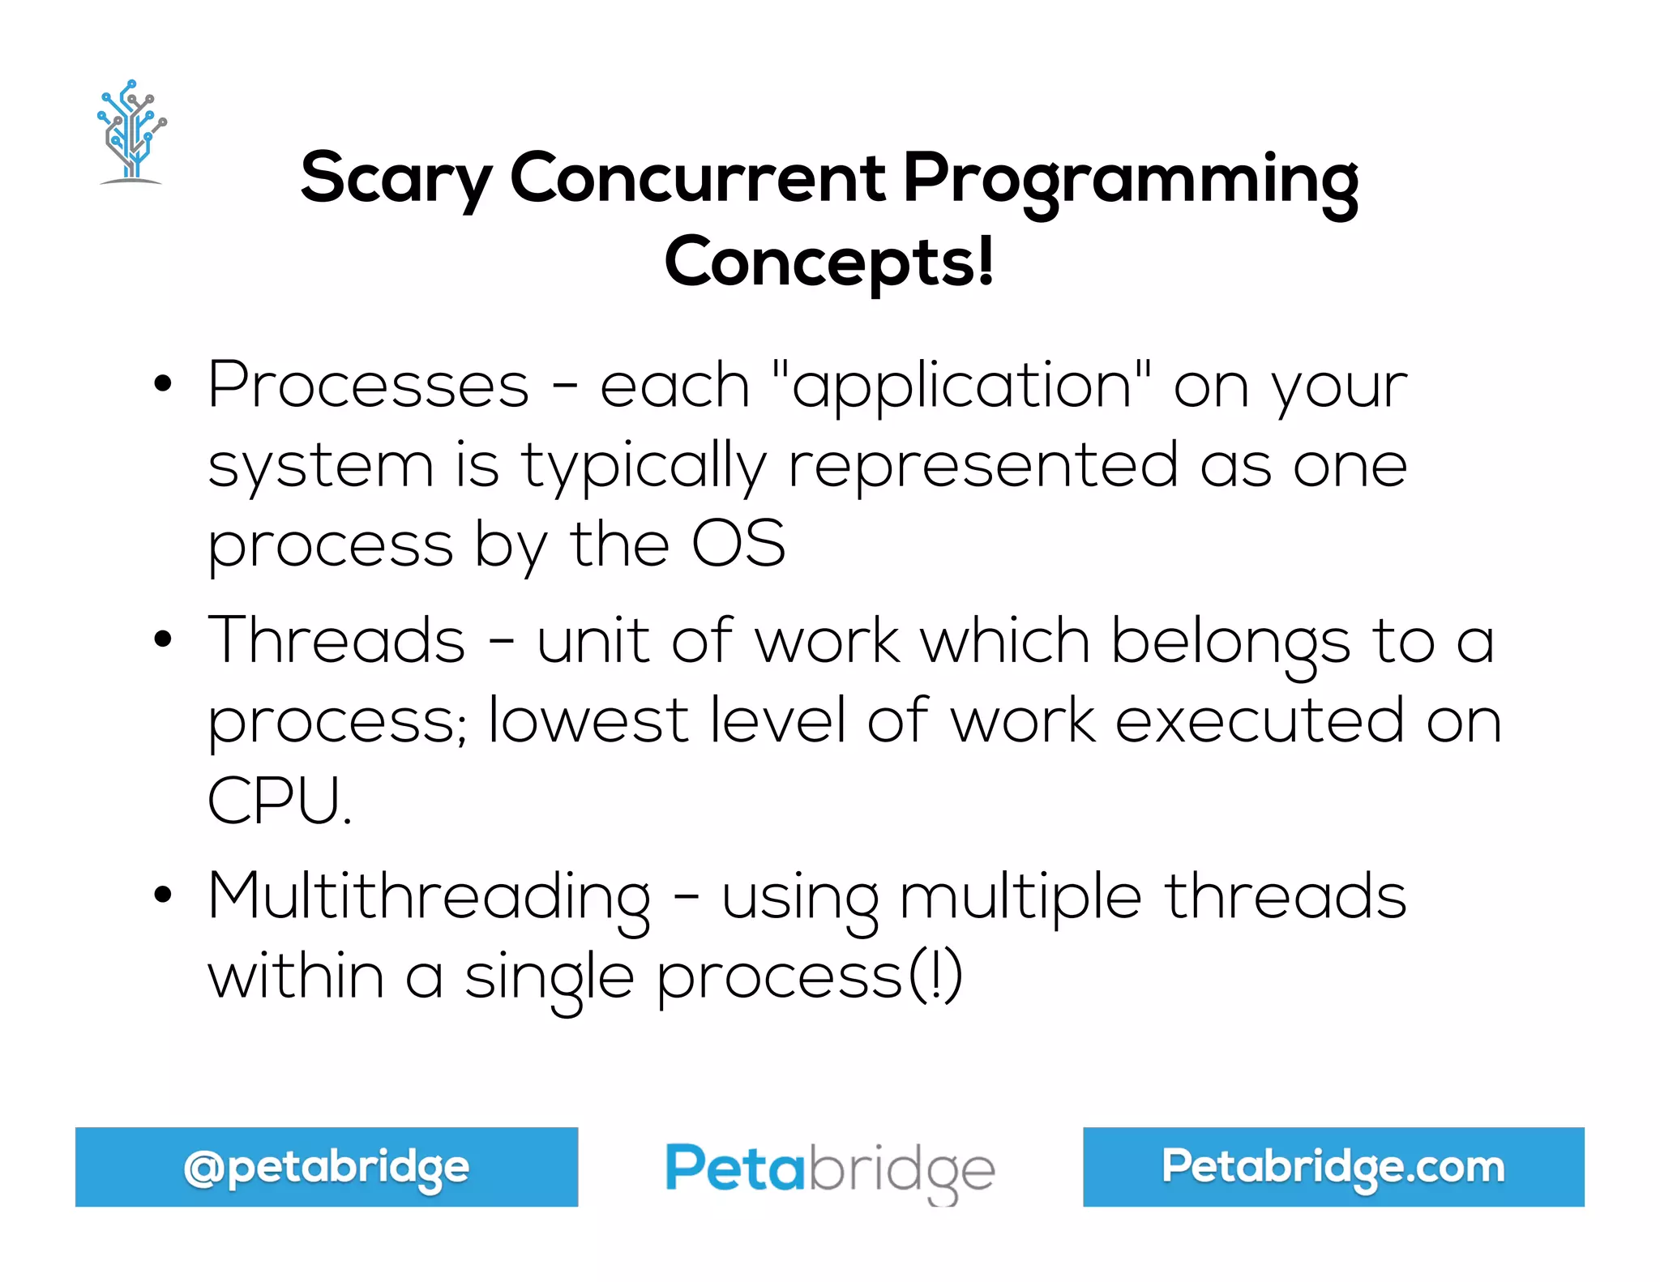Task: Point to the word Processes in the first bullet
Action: (x=368, y=385)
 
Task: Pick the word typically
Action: (x=644, y=467)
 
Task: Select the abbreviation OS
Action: (x=738, y=544)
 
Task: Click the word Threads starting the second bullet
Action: (x=336, y=640)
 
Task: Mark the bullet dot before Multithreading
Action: (x=163, y=895)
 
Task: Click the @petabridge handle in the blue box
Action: (x=327, y=1167)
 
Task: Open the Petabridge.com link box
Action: (x=1333, y=1167)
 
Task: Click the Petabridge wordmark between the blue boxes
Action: (x=830, y=1169)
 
